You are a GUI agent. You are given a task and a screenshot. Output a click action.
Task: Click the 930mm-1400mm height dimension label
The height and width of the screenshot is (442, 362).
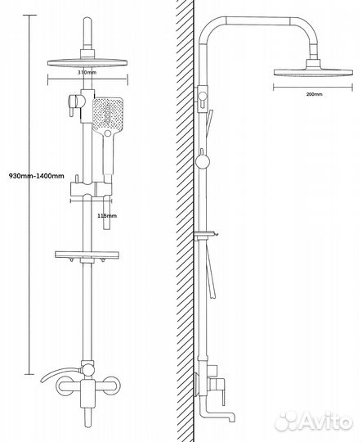[36, 176]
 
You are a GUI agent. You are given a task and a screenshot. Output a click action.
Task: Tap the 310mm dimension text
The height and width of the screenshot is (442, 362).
[87, 72]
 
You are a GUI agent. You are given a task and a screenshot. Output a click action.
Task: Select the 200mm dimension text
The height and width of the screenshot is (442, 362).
[314, 94]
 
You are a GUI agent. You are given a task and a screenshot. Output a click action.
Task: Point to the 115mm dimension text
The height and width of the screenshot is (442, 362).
[107, 215]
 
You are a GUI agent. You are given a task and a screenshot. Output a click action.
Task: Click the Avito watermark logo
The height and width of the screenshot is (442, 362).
[313, 422]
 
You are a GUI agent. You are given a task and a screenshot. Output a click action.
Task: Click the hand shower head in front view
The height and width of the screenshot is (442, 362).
[108, 115]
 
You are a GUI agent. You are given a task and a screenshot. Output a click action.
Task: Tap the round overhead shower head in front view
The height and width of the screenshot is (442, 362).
[87, 62]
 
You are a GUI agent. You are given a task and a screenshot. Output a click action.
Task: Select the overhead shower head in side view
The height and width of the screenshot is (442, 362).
[313, 71]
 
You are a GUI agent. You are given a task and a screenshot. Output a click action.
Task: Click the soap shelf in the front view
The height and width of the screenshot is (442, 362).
[87, 255]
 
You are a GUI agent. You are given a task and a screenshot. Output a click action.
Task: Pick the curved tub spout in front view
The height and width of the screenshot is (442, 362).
[60, 374]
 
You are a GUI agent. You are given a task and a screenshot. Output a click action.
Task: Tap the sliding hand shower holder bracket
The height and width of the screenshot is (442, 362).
[91, 189]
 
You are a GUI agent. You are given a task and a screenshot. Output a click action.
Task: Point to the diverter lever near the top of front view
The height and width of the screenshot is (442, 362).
[74, 105]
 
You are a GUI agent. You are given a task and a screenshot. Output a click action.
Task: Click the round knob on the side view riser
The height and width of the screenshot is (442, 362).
[203, 162]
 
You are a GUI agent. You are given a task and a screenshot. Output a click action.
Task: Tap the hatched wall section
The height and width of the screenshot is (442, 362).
[185, 221]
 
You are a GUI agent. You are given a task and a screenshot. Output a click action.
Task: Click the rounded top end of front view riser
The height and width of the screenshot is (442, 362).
[87, 21]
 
